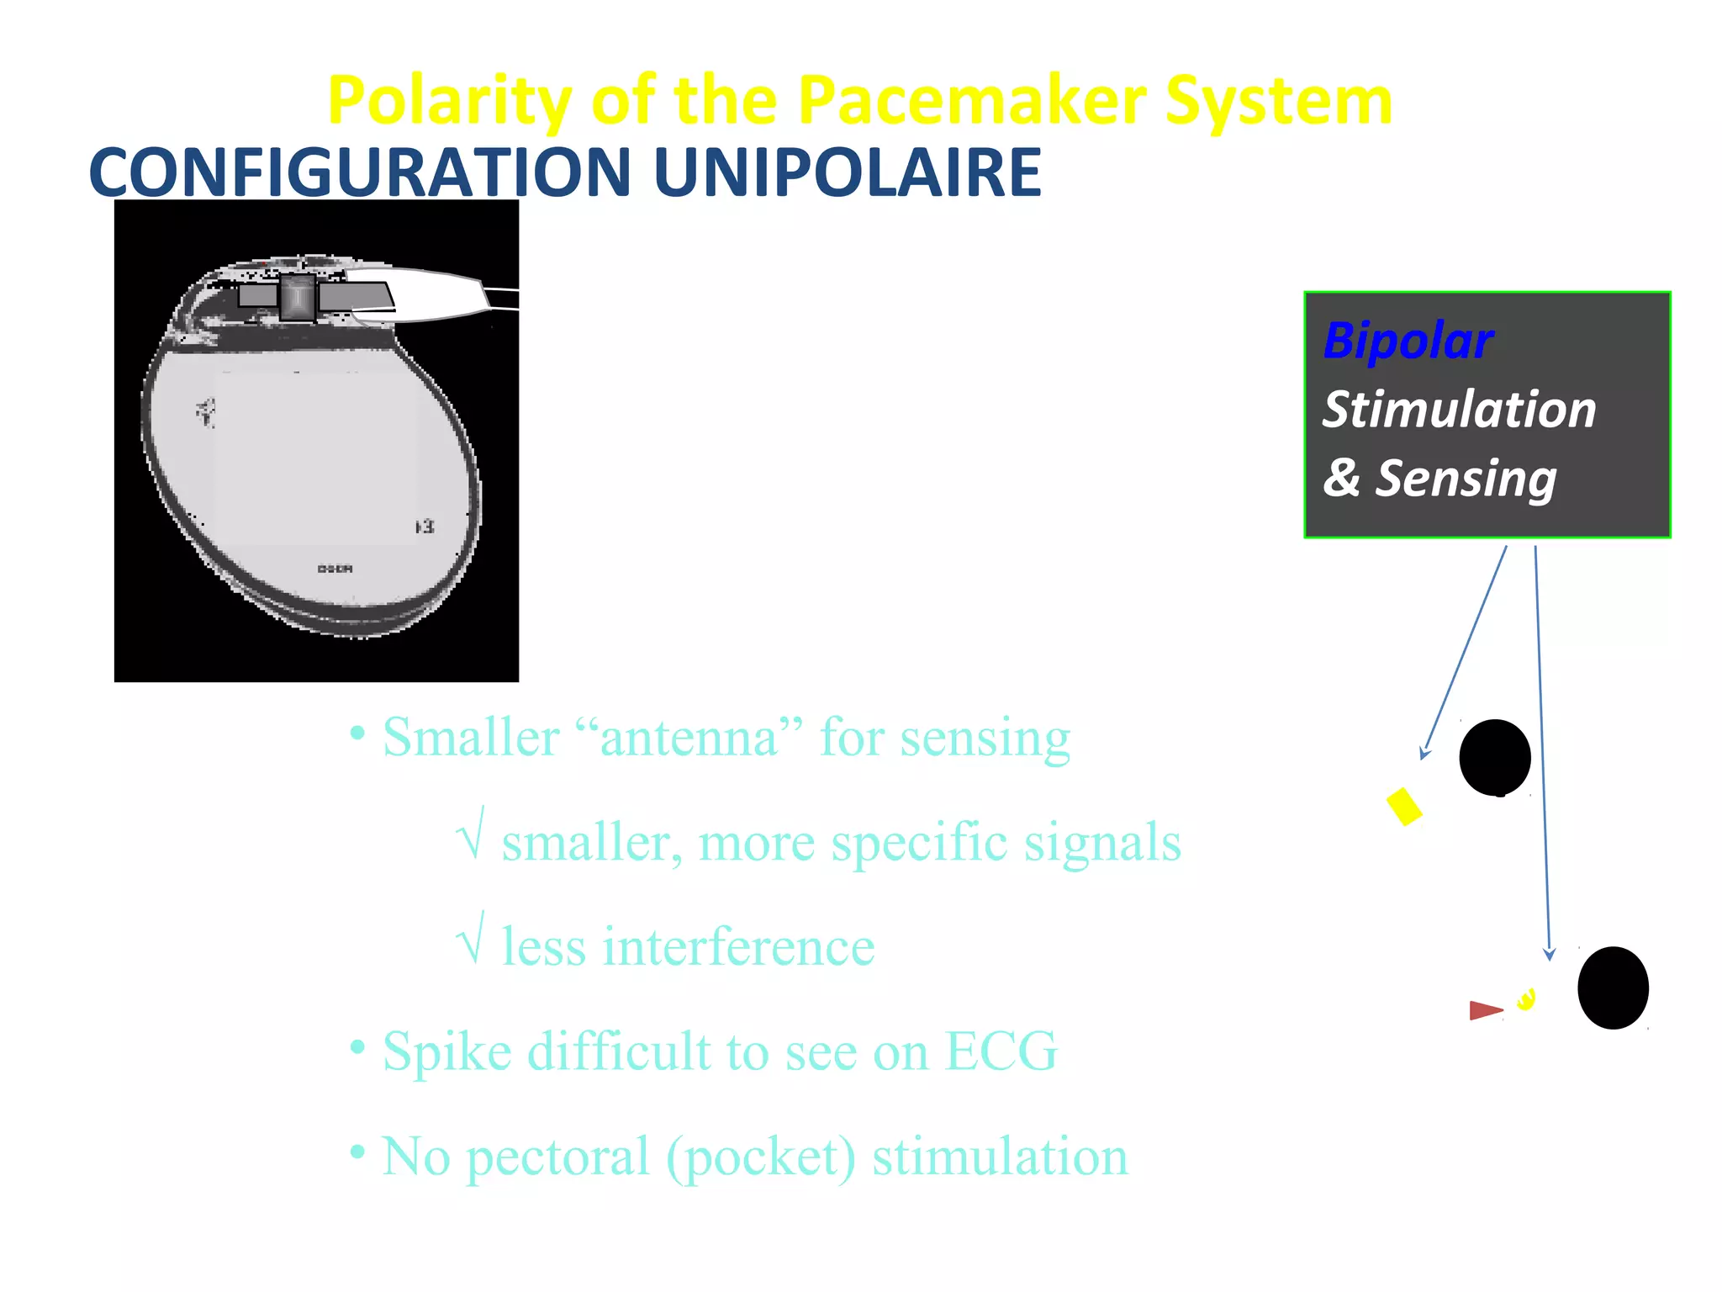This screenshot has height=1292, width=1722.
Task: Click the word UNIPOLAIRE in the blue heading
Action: tap(847, 172)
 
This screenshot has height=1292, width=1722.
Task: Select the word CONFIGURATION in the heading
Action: tap(360, 172)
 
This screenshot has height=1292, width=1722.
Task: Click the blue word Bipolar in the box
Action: tap(1408, 341)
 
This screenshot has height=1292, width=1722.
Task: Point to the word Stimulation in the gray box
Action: tap(1459, 410)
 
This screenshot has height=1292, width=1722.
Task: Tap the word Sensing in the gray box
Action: tap(1466, 479)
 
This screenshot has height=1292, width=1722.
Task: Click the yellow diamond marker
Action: tap(1403, 806)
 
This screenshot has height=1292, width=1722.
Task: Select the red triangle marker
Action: tap(1484, 1010)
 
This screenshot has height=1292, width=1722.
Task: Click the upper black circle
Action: tap(1495, 757)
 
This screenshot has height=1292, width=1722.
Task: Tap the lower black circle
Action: tap(1613, 988)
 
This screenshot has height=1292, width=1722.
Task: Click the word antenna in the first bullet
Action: tap(689, 737)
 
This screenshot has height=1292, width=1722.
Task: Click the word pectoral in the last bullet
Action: tap(557, 1156)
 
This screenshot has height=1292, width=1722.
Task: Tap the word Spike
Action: tap(446, 1051)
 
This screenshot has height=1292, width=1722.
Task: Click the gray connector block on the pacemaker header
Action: tap(298, 296)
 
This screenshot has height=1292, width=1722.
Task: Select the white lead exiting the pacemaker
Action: tap(437, 294)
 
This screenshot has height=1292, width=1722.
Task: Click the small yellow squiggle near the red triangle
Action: tap(1526, 998)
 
